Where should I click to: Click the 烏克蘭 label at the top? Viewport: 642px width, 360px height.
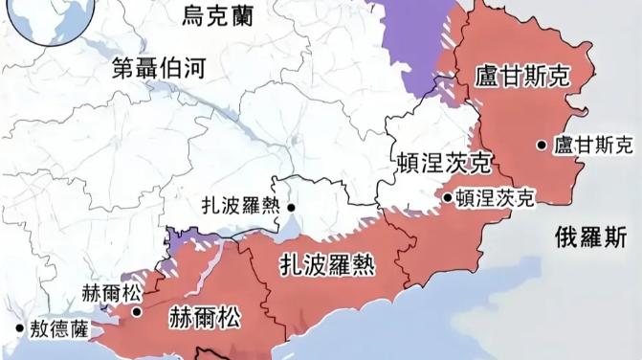(x=221, y=15)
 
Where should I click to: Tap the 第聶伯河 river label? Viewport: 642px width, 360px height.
(x=159, y=67)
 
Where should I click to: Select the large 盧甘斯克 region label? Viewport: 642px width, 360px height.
(x=521, y=77)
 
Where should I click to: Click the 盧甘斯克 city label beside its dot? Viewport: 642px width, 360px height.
(x=594, y=145)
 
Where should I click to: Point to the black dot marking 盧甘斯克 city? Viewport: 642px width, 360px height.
(x=542, y=146)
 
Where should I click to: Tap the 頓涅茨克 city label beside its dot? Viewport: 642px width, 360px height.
(x=494, y=197)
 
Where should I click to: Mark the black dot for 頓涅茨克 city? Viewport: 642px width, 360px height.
(x=447, y=198)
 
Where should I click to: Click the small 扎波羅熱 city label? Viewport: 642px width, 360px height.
(x=240, y=206)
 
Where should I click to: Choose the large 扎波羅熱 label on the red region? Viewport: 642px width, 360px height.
(x=326, y=262)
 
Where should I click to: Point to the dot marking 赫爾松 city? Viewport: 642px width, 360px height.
(x=137, y=310)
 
